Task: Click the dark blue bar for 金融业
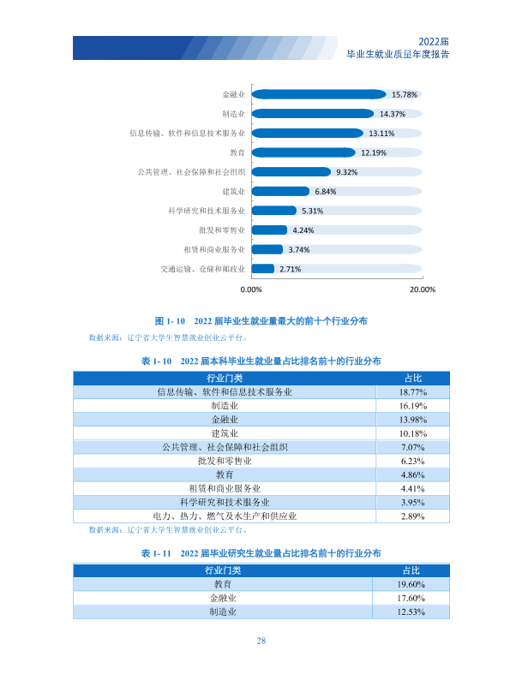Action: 318,94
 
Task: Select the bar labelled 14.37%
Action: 313,114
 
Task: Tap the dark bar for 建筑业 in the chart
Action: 280,191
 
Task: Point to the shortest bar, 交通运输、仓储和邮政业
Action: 263,269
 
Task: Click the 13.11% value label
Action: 381,134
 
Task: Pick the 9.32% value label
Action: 346,172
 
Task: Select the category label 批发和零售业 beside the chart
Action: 222,230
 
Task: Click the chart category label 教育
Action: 237,152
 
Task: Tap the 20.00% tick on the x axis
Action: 423,289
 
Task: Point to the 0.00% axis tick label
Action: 251,289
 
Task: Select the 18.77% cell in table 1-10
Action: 413,392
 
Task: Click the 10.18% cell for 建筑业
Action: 413,433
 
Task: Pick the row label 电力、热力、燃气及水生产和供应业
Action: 225,516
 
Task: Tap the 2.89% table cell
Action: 413,516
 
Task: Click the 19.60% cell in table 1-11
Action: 411,584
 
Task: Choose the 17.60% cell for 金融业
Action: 411,598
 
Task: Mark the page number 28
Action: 261,641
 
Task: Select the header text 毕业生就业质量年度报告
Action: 398,54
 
